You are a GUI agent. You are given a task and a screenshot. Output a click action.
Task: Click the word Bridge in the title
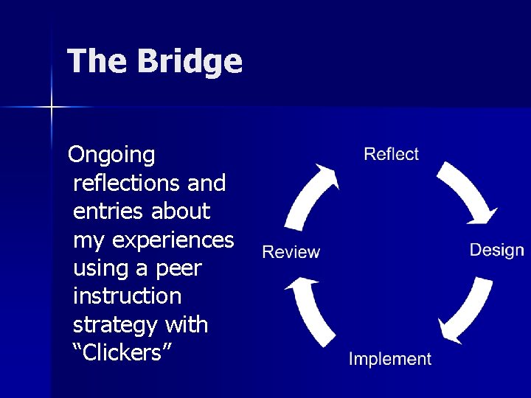pos(189,61)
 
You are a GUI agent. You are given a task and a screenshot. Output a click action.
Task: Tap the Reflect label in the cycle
pos(391,154)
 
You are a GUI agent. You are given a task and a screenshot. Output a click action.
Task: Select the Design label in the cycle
pos(496,250)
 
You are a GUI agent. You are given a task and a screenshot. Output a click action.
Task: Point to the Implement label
pos(390,359)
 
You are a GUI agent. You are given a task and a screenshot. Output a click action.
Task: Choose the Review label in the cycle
pos(291,252)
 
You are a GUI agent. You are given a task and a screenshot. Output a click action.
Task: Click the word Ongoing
pos(111,156)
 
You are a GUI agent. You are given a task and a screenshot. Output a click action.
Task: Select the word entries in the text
pos(108,212)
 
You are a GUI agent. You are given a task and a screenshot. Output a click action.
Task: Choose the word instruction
pos(127,296)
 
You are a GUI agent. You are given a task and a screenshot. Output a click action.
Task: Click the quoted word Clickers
pos(123,352)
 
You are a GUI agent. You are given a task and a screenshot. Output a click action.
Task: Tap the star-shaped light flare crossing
pos(52,108)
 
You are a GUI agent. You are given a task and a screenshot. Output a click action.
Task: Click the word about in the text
pos(181,212)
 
